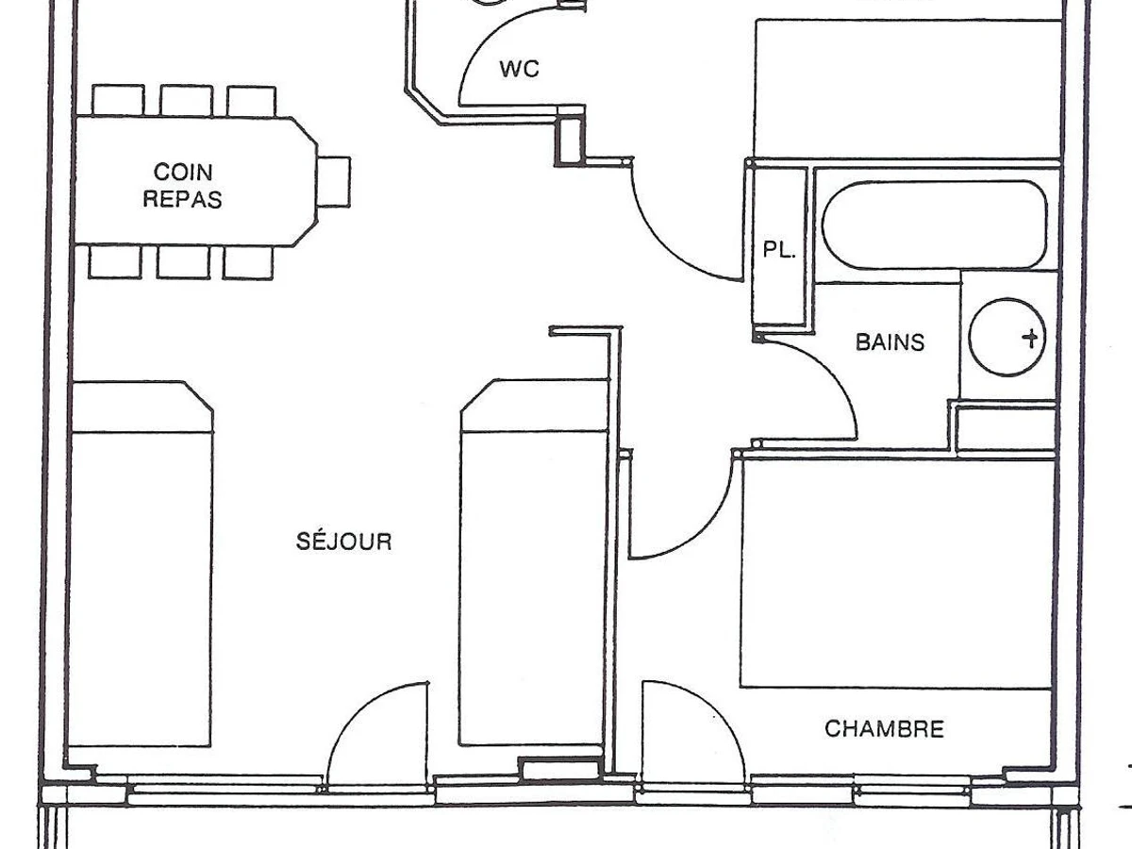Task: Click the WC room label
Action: point(520,69)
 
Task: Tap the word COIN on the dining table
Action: point(183,173)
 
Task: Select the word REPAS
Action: point(182,199)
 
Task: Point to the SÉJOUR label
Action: point(344,541)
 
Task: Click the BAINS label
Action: point(891,342)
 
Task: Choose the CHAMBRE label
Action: point(885,729)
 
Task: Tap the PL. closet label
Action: point(779,250)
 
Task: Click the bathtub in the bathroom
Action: point(935,225)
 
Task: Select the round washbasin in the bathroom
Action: point(1007,337)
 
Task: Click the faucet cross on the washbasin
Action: point(1031,338)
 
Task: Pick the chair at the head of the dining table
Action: point(334,182)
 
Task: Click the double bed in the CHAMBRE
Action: point(896,573)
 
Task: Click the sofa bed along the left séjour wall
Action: point(141,563)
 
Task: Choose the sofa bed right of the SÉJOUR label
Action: point(534,562)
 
